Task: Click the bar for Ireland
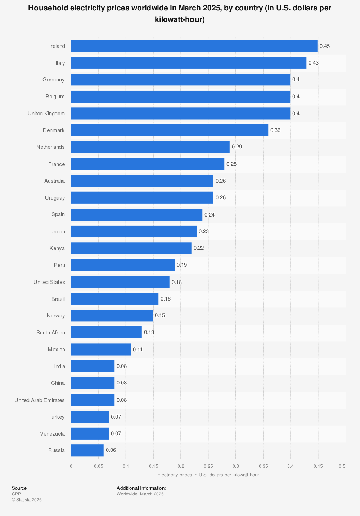click(194, 46)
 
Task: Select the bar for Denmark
click(170, 130)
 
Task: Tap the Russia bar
click(87, 450)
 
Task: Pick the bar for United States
click(120, 282)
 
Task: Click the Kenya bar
click(131, 248)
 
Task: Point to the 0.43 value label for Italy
click(314, 63)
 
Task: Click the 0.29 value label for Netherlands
click(237, 147)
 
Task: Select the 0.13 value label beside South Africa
click(149, 332)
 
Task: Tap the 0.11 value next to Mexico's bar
click(138, 350)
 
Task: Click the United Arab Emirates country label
click(40, 400)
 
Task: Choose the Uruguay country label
click(55, 198)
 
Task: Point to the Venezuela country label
click(53, 434)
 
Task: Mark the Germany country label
click(54, 80)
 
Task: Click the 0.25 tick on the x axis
click(208, 466)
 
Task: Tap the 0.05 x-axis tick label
click(99, 466)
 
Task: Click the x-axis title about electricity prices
click(208, 475)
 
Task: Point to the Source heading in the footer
click(19, 488)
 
